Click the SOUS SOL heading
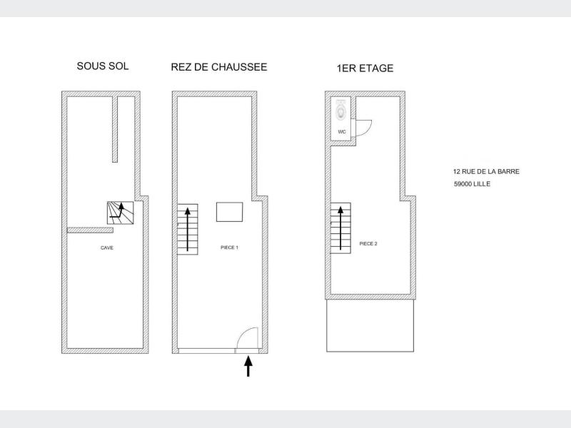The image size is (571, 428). point(103,66)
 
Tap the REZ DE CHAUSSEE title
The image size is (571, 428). point(219,67)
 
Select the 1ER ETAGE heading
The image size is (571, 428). point(365,68)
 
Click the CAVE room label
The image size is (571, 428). point(106,248)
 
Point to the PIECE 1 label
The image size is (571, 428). point(229,248)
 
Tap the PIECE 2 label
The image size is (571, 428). point(368,244)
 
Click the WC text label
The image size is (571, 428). point(342,132)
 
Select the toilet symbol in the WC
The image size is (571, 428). point(341,110)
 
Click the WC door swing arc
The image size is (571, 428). point(368,131)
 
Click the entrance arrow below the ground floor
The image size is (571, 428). point(248,366)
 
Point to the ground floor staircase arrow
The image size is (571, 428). point(188,229)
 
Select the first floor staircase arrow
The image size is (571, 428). point(340,228)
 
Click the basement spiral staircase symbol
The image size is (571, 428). point(120,213)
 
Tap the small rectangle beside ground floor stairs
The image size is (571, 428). point(229,212)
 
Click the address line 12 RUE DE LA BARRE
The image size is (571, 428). point(486,171)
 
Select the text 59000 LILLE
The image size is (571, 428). point(472,184)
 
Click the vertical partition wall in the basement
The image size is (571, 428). point(115,129)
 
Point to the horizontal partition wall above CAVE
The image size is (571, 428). point(90,230)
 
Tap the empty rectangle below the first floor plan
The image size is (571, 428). point(370,325)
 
